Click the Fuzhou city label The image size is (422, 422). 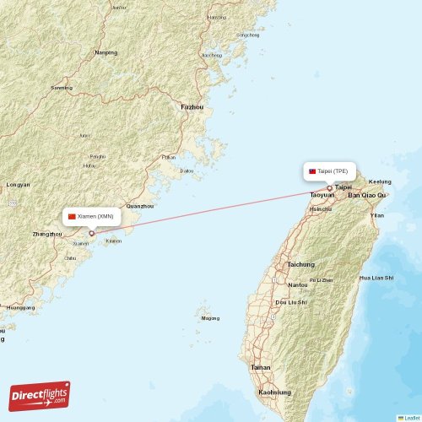[192, 107]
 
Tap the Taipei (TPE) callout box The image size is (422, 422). [330, 170]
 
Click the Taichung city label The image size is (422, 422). [300, 264]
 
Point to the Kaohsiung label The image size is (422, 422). [275, 392]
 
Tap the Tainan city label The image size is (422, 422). [261, 367]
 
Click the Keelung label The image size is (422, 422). [381, 181]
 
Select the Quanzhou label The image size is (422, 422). [139, 206]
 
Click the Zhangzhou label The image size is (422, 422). [46, 234]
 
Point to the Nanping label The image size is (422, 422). [106, 52]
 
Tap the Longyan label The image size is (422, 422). [18, 184]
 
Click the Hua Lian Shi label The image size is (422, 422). [376, 277]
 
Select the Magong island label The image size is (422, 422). [210, 318]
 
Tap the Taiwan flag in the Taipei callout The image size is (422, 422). [312, 170]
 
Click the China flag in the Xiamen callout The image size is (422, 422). [73, 216]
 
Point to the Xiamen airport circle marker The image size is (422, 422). [91, 233]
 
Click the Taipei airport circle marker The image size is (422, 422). [330, 188]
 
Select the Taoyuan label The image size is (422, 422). [322, 195]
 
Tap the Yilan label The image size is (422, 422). [377, 215]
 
